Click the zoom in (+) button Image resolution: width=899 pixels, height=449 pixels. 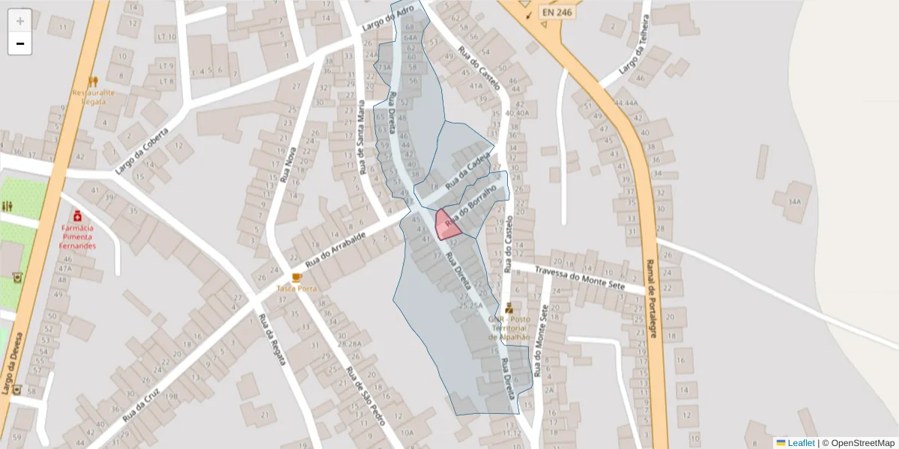[x=20, y=20]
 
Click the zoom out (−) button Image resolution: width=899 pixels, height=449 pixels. [x=20, y=43]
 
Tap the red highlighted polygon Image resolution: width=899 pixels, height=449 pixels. [x=447, y=225]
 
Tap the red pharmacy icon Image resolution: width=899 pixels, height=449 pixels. [x=77, y=216]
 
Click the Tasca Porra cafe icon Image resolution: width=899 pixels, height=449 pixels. [x=297, y=277]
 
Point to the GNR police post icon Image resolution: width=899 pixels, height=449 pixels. [x=509, y=307]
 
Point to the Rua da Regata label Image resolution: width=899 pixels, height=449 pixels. [x=272, y=339]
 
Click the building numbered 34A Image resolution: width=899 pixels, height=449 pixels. [x=795, y=201]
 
